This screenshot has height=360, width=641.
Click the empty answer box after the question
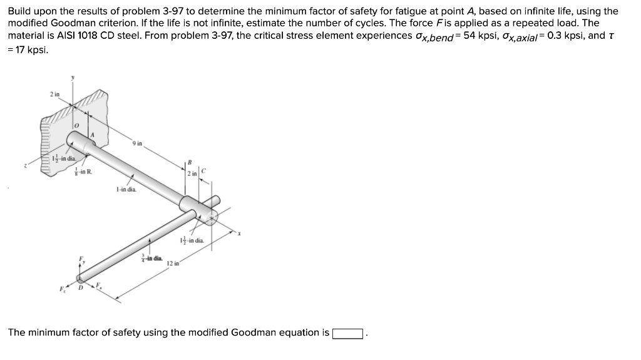[347, 333]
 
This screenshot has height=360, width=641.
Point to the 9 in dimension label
[137, 143]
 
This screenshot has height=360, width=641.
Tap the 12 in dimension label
[173, 264]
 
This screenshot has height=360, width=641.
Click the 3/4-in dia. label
[152, 257]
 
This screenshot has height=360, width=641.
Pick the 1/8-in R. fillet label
[83, 171]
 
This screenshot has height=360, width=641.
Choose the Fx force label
[99, 285]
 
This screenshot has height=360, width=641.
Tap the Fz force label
[62, 289]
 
